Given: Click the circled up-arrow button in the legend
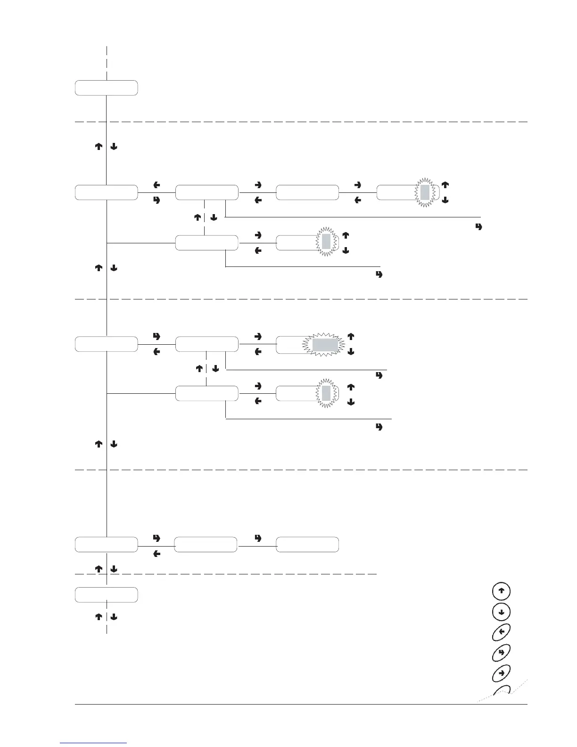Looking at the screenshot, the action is click(501, 590).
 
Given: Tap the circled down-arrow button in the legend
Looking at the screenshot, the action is click(501, 612).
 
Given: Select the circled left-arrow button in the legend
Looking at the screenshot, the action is click(501, 631).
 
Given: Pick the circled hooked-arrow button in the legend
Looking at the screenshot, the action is click(501, 652).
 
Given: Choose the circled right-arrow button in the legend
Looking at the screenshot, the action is click(501, 672).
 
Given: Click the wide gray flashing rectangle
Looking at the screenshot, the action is click(324, 345).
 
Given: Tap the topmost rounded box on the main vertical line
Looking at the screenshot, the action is click(107, 88).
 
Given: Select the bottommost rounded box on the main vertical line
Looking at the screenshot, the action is click(107, 595).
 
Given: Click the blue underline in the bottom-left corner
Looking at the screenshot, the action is click(94, 743).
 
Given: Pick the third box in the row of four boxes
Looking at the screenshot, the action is click(307, 192).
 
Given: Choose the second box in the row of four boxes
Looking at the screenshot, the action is click(206, 192).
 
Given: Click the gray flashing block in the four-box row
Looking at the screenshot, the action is click(425, 192).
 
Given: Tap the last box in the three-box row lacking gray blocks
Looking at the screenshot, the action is click(307, 544).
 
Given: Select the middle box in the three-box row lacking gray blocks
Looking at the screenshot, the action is click(206, 544).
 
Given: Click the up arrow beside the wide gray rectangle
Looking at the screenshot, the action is click(351, 337).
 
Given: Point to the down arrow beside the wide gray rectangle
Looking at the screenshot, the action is click(351, 352).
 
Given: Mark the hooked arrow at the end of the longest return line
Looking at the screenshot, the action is click(479, 227).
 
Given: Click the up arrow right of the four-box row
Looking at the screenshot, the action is click(445, 184).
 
